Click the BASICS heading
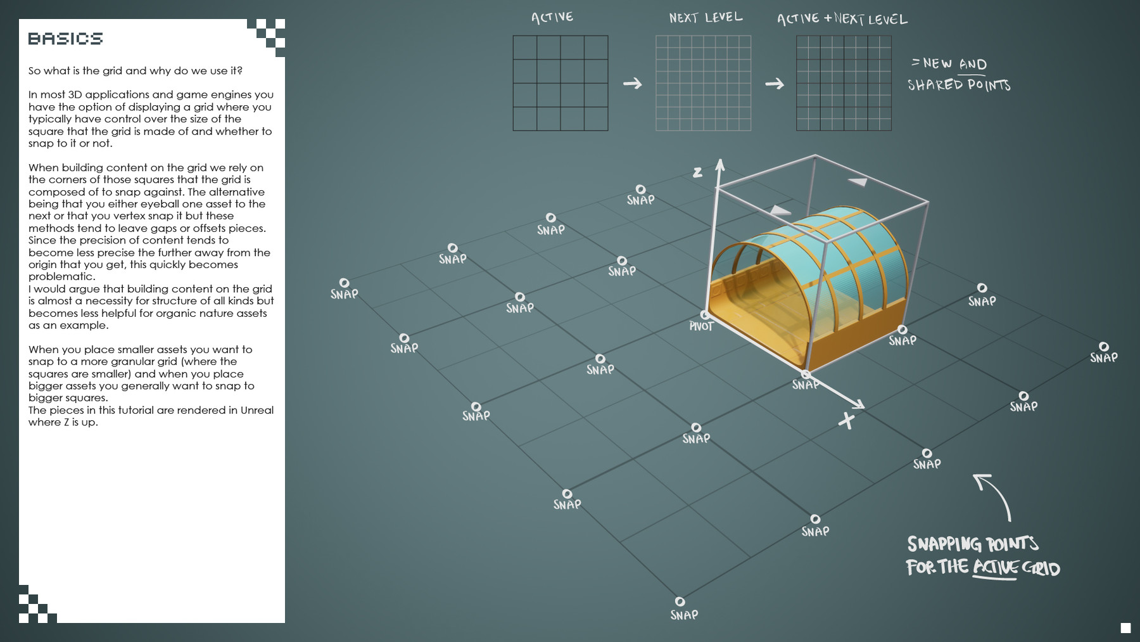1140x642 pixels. [x=65, y=39]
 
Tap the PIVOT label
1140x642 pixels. [x=701, y=326]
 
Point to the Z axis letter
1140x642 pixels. [x=697, y=172]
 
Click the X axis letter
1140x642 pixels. [x=846, y=420]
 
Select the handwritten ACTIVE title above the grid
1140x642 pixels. [x=552, y=17]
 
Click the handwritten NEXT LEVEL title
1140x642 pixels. [x=706, y=18]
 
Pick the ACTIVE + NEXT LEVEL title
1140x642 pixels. [x=842, y=19]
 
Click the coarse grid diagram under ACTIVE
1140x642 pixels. [x=560, y=83]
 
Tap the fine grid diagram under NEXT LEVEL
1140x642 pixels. [x=703, y=83]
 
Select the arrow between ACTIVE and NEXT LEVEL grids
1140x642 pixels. [x=632, y=84]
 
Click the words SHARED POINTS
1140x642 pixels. [x=959, y=85]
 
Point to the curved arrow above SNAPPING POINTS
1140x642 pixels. [x=994, y=494]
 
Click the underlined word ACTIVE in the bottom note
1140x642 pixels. [x=995, y=567]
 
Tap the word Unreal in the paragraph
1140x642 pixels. [x=256, y=410]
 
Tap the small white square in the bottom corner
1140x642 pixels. [x=1125, y=627]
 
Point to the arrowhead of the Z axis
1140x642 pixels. [x=719, y=164]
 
